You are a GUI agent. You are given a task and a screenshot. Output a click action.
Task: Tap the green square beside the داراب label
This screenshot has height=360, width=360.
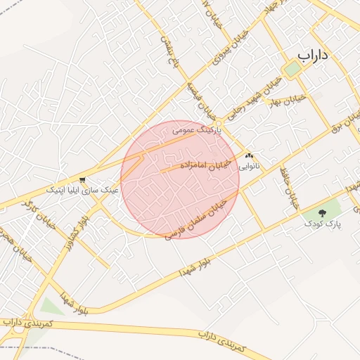point(291,69)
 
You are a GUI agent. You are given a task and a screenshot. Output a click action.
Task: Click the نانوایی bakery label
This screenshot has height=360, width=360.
point(250,167)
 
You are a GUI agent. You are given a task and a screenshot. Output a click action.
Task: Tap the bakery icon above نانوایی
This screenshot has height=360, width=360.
point(250,156)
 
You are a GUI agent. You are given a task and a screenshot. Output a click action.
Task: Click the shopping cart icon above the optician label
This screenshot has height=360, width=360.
point(83,179)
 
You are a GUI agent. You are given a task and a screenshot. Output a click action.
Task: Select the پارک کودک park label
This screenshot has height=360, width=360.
point(323,223)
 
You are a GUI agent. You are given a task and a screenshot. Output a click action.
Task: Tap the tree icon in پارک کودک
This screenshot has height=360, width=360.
point(323,212)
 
